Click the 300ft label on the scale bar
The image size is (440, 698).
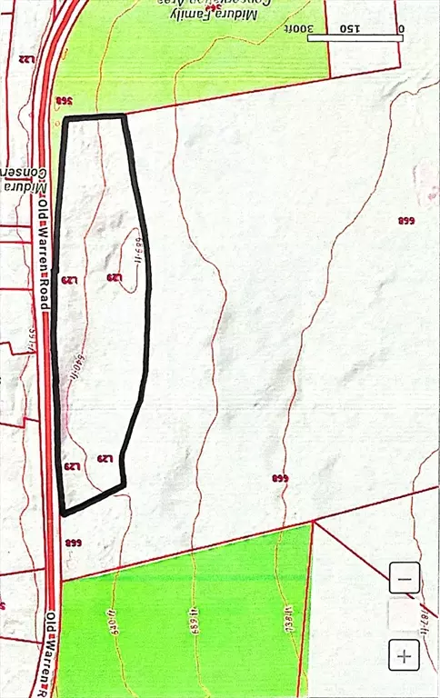coord(322,28)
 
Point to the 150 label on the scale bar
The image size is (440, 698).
coord(350,28)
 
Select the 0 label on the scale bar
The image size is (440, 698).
coord(401,28)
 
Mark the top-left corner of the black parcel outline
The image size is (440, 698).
coord(65,118)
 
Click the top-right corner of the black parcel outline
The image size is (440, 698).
coord(124,115)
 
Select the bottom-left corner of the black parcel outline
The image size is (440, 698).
coord(63,514)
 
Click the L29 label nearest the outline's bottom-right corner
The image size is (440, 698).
coord(107,459)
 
